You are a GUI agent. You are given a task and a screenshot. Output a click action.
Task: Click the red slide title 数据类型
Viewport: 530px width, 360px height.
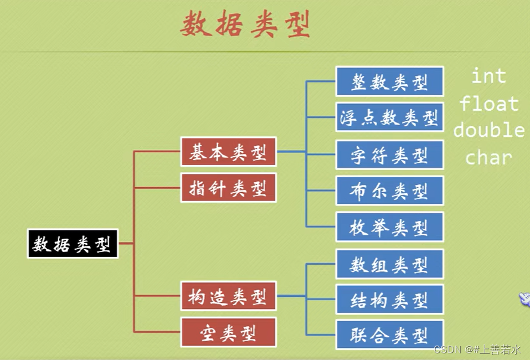[245, 25]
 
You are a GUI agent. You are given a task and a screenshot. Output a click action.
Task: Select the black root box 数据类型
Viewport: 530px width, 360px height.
[73, 244]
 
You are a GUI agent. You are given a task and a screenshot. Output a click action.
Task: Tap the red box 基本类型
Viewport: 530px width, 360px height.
[228, 152]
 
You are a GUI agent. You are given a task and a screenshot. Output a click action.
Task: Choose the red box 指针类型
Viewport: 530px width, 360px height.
[228, 188]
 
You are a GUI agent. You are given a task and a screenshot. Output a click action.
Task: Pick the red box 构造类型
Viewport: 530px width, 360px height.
[228, 297]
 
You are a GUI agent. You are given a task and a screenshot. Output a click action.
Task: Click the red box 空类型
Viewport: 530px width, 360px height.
[228, 333]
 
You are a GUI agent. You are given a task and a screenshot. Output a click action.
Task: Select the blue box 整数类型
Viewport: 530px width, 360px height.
[389, 81]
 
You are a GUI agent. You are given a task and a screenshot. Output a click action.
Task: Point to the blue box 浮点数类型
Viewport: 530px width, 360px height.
[389, 117]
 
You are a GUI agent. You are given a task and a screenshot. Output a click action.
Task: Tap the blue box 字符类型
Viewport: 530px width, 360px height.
[389, 155]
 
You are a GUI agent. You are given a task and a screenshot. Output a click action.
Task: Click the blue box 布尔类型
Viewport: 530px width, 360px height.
[389, 191]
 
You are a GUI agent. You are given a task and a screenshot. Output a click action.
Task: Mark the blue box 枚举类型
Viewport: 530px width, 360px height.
[389, 227]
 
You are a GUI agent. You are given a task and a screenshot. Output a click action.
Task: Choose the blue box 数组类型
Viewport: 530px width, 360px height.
[389, 264]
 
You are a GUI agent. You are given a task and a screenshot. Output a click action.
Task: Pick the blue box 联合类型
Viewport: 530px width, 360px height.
[389, 335]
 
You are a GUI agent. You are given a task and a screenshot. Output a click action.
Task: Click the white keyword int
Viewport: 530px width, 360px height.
[488, 76]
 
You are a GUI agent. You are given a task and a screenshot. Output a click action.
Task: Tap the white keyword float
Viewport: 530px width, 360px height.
[488, 103]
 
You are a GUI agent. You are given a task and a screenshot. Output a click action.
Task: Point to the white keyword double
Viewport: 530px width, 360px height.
[488, 131]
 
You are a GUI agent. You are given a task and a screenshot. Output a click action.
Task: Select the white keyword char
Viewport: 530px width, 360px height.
[488, 158]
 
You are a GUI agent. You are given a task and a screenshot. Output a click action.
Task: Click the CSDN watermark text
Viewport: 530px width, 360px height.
[477, 349]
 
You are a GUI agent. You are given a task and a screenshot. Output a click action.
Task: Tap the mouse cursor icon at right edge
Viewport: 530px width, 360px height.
[524, 300]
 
